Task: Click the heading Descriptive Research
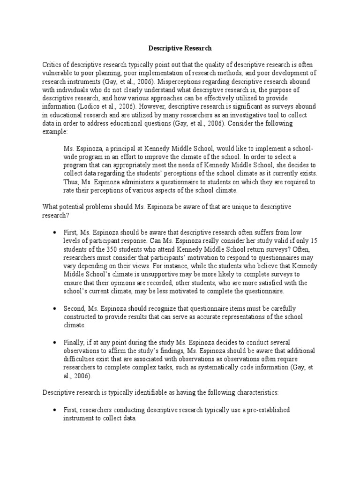pyautogui.click(x=180, y=48)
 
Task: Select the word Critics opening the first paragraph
pyautogui.click(x=52, y=65)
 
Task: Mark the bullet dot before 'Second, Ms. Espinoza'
pyautogui.click(x=54, y=308)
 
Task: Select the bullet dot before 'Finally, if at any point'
pyautogui.click(x=54, y=343)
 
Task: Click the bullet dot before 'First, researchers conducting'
pyautogui.click(x=54, y=410)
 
